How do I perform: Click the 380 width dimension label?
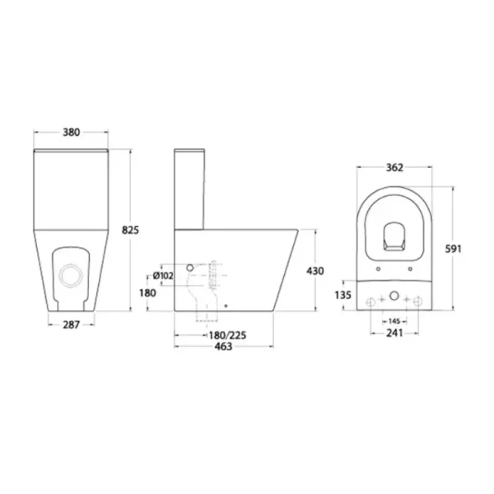pyautogui.click(x=71, y=133)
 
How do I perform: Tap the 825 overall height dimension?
pyautogui.click(x=130, y=231)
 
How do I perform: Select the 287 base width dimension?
pyautogui.click(x=71, y=325)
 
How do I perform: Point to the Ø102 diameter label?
pyautogui.click(x=163, y=276)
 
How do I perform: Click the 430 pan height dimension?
pyautogui.click(x=315, y=271)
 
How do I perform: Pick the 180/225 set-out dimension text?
pyautogui.click(x=227, y=335)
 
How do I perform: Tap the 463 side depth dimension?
pyautogui.click(x=223, y=347)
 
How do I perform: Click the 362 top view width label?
pyautogui.click(x=394, y=168)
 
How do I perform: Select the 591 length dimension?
pyautogui.click(x=453, y=249)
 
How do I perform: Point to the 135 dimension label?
pyautogui.click(x=343, y=296)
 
